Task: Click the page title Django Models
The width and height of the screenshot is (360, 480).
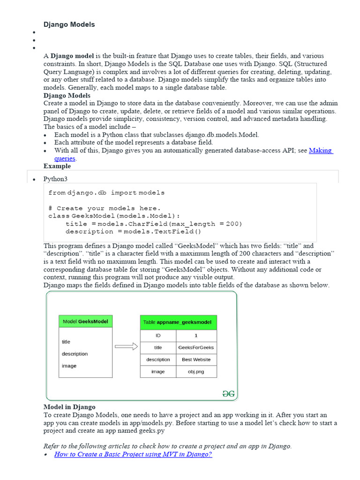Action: pos(69,24)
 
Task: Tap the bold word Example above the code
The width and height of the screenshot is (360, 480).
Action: pos(57,166)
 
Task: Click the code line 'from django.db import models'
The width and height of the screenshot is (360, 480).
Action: pos(106,193)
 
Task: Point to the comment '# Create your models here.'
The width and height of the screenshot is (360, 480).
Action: pos(104,208)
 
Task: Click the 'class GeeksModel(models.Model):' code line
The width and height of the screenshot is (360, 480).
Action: pos(114,216)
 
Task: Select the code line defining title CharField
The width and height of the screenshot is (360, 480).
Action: pos(154,224)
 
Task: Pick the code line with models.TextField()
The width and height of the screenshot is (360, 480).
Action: pos(133,231)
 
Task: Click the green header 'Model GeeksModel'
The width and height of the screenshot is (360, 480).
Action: pos(85,322)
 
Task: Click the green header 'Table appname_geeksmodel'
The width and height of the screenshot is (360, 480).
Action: pos(178,322)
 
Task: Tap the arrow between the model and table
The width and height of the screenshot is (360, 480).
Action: pos(126,347)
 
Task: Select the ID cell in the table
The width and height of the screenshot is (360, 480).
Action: pos(158,336)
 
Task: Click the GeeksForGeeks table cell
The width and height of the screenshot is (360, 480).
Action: pos(196,347)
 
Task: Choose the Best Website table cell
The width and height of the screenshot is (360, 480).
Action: pos(196,360)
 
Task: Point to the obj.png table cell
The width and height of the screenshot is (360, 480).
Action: pos(196,371)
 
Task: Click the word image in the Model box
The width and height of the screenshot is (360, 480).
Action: pos(69,366)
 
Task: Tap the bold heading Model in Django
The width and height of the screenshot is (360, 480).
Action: pos(69,407)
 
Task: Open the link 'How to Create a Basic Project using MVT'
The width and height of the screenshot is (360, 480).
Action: pos(133,454)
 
